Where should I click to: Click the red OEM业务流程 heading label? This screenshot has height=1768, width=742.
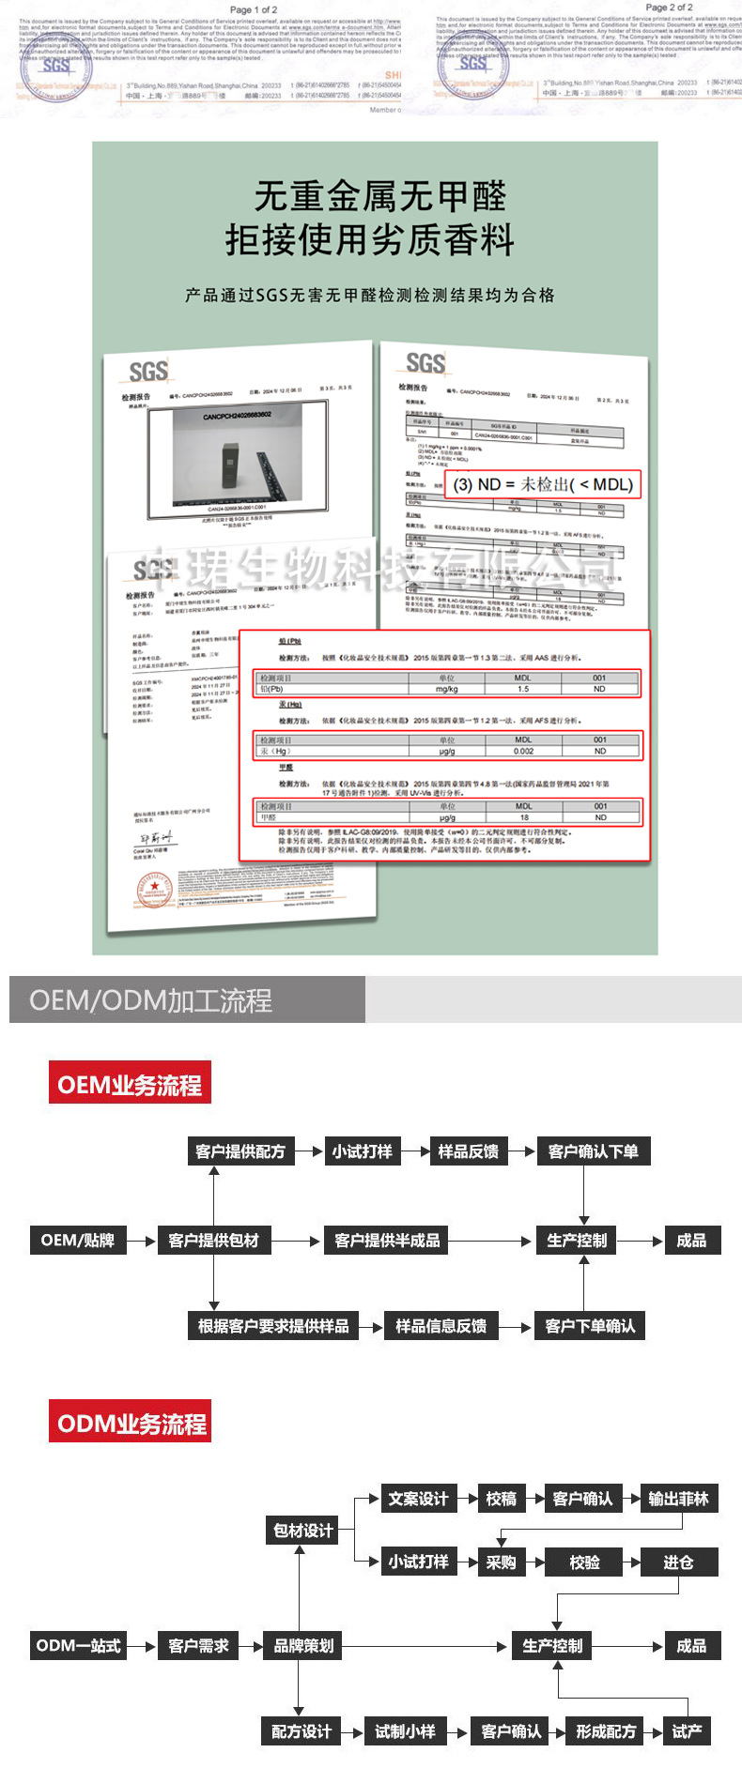coord(130,1085)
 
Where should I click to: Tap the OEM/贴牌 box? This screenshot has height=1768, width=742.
coord(78,1241)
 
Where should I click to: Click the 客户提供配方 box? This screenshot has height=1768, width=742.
coord(240,1151)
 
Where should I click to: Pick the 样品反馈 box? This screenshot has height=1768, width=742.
coord(469,1151)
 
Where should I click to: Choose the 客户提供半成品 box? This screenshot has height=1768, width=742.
coord(387,1241)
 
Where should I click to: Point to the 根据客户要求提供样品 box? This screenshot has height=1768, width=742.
coord(273,1326)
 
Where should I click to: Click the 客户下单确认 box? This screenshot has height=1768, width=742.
coord(590,1326)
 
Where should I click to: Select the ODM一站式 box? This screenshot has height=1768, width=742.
coord(78,1645)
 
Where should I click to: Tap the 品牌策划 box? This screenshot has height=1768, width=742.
coord(303,1645)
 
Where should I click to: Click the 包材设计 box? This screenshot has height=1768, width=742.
coord(303,1531)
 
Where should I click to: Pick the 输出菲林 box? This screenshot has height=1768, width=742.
coord(678,1499)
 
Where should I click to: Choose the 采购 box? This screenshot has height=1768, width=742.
coord(501,1562)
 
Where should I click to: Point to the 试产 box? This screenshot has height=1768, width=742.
coord(687,1731)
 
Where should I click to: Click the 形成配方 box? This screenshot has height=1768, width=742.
coord(606,1731)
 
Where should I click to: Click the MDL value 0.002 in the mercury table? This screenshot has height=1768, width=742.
coord(523,751)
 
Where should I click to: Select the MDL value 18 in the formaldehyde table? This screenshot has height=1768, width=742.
coord(524,817)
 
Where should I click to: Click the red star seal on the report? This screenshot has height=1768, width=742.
coord(154,888)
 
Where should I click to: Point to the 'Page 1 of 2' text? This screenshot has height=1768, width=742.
coord(254,9)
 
